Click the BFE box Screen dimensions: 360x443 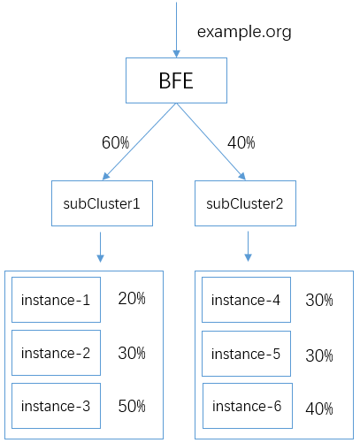(176, 80)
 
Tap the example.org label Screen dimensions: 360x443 (244, 32)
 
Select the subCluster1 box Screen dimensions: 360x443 (102, 203)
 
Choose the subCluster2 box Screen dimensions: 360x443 (245, 203)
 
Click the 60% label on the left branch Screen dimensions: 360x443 (115, 142)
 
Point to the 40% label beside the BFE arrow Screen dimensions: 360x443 (241, 142)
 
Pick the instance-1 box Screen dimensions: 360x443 (56, 300)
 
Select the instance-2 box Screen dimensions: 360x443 (56, 353)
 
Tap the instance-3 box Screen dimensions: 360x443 (56, 406)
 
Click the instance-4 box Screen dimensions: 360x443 (246, 300)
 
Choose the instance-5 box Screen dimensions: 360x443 (246, 354)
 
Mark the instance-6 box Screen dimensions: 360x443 (248, 406)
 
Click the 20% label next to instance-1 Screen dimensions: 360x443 (132, 298)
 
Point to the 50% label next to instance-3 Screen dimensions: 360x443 (132, 406)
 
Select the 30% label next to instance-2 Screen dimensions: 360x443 (132, 353)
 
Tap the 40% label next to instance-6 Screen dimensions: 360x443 (319, 409)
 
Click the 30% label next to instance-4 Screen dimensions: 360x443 (319, 301)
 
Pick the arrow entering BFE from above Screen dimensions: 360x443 (176, 29)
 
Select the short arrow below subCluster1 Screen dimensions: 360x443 (100, 247)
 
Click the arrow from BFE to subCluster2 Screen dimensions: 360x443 (211, 141)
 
